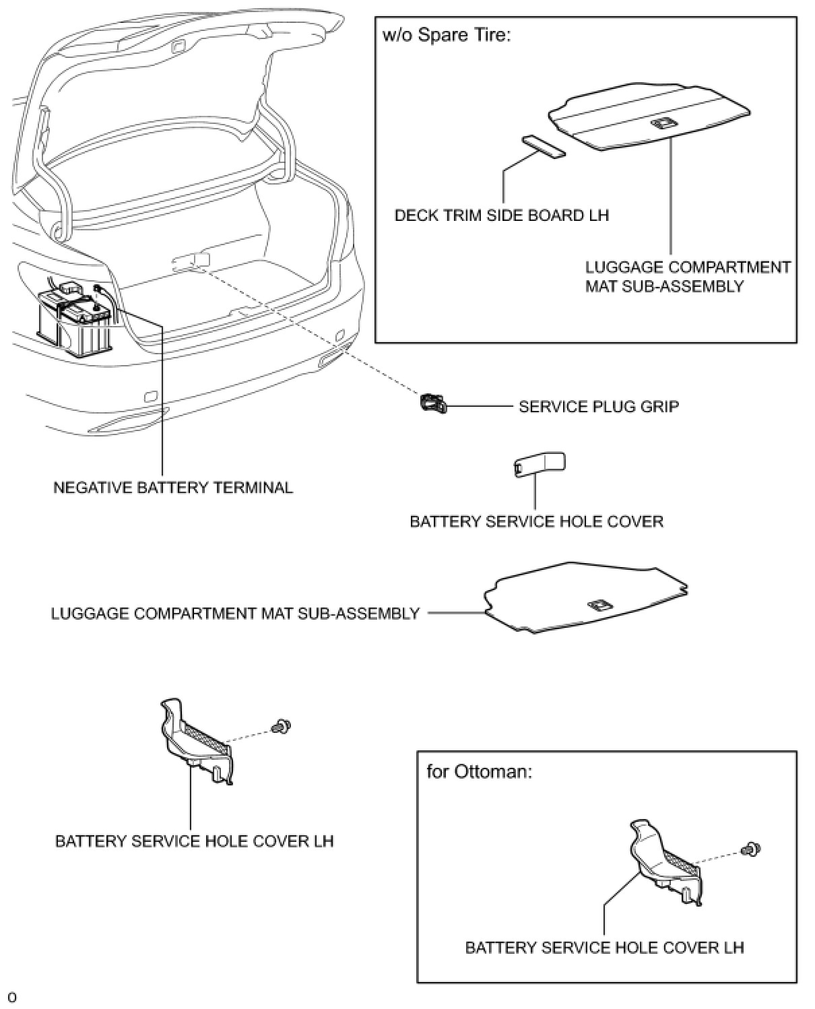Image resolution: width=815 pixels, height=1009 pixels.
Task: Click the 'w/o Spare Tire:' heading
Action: [x=446, y=35]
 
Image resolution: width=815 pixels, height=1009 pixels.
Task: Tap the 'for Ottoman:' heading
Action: [x=479, y=771]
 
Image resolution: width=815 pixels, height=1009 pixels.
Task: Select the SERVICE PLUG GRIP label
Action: [x=598, y=407]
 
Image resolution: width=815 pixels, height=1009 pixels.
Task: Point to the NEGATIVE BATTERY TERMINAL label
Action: [x=173, y=487]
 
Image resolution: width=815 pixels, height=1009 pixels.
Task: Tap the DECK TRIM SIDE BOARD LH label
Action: [x=501, y=216]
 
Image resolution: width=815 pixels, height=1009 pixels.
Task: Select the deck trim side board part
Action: [x=543, y=146]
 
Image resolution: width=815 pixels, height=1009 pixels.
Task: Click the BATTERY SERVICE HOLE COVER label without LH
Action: [x=536, y=521]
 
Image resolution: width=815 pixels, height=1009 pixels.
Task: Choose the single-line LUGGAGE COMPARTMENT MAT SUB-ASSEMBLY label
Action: [x=235, y=614]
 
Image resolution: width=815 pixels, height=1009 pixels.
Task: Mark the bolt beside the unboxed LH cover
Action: [x=281, y=727]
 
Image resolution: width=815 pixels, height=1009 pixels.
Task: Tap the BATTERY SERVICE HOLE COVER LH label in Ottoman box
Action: [x=604, y=948]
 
